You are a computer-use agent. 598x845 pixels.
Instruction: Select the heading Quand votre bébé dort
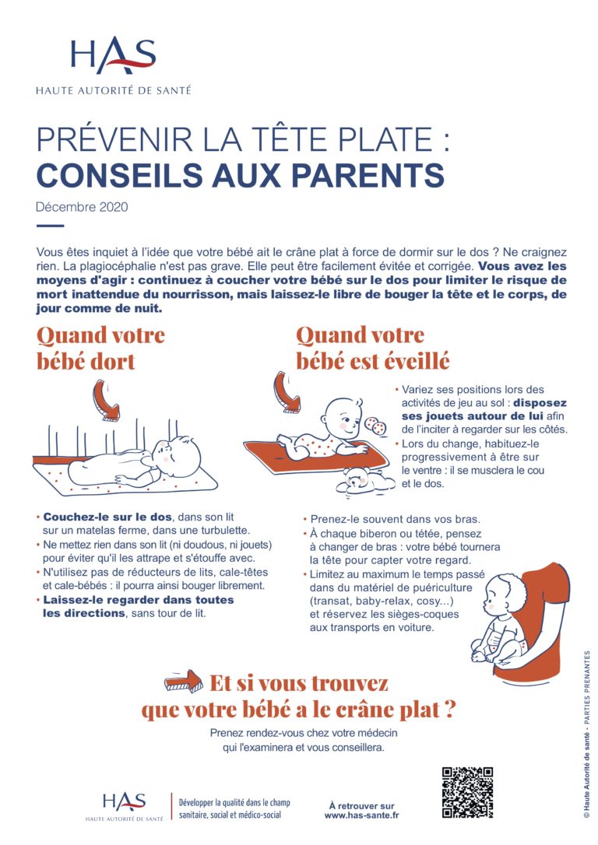[x=100, y=348]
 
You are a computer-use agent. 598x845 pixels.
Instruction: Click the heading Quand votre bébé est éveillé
[x=371, y=348]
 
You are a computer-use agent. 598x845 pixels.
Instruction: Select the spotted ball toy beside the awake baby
[x=375, y=427]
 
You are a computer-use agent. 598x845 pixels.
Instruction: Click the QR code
[x=467, y=792]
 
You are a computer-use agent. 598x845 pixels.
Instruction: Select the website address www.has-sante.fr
[x=361, y=815]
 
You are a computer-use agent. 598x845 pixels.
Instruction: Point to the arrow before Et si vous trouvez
[x=184, y=682]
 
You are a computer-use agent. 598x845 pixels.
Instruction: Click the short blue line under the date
[x=50, y=226]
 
